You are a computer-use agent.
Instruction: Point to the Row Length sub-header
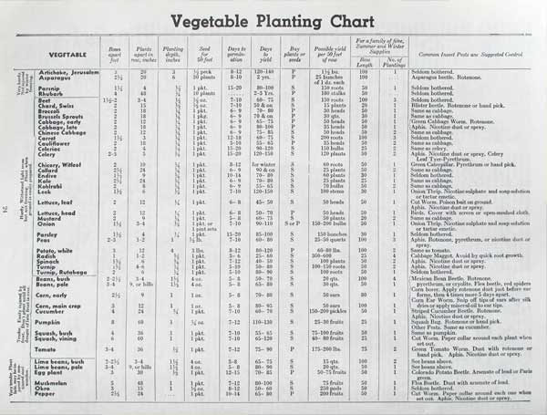tap(365, 62)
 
